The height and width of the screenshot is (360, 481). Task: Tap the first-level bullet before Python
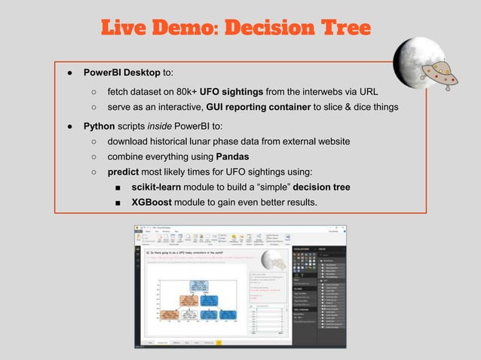(x=68, y=126)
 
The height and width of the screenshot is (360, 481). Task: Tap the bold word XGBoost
(x=154, y=203)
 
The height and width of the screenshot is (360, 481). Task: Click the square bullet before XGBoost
(x=118, y=203)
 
